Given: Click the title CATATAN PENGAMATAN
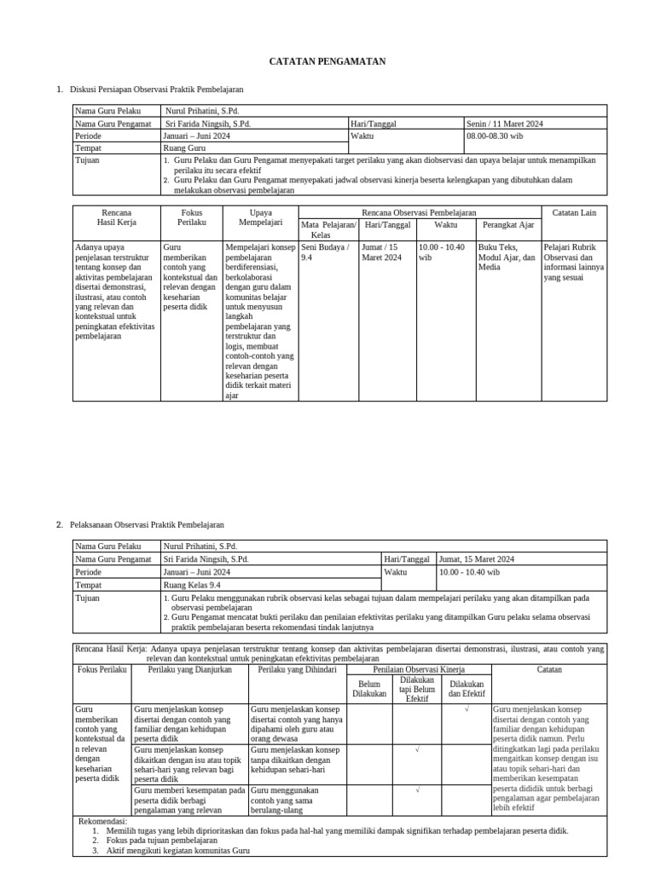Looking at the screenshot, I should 327,61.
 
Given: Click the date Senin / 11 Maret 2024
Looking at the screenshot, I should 506,124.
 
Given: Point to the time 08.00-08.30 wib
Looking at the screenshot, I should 495,136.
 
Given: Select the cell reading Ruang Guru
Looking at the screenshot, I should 185,147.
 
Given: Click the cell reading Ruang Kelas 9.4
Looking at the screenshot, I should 193,585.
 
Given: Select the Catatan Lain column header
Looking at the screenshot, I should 575,212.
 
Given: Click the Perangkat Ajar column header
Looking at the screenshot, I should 508,225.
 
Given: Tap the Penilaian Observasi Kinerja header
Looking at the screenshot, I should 418,670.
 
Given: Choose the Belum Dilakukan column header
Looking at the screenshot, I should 368,689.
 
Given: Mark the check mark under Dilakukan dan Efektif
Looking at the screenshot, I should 467,709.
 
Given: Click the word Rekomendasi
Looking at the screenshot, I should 102,821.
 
